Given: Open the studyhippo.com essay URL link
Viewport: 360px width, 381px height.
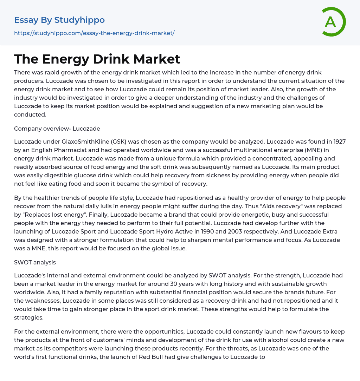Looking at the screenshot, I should [94, 33].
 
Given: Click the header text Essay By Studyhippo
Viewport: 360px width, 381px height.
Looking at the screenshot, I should [59, 20].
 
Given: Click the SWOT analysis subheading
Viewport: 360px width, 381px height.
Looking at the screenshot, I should [35, 262].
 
